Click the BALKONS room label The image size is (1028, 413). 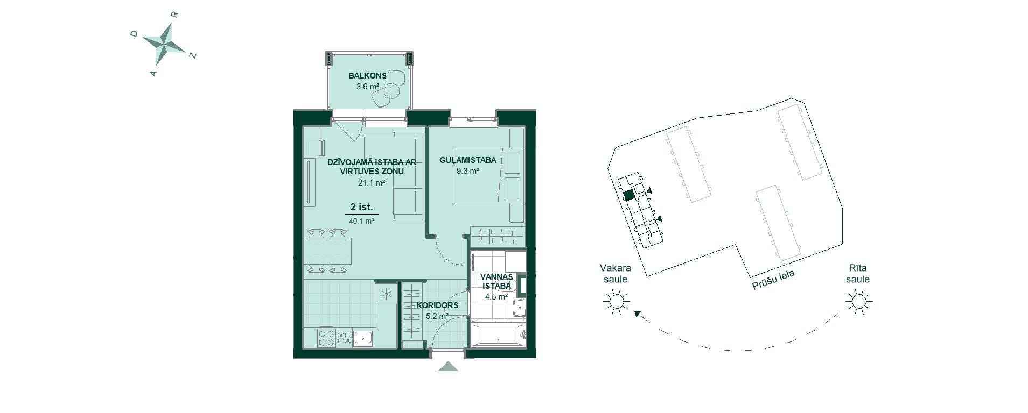point(367,76)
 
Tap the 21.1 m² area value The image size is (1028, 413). point(372,182)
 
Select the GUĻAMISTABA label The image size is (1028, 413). point(468,160)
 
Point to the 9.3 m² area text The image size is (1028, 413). point(467,171)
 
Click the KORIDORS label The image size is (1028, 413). point(437,305)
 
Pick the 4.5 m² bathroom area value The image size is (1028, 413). point(496,296)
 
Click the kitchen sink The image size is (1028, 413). point(363,338)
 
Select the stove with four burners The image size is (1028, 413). point(327,338)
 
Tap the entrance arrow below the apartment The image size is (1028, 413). point(448,367)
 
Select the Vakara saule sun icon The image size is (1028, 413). point(617,301)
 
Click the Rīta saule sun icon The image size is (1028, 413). point(858,301)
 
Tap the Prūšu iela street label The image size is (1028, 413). point(773,280)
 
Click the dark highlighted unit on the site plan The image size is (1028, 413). point(628,196)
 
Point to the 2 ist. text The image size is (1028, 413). point(361,207)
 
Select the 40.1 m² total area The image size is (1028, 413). point(361,221)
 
